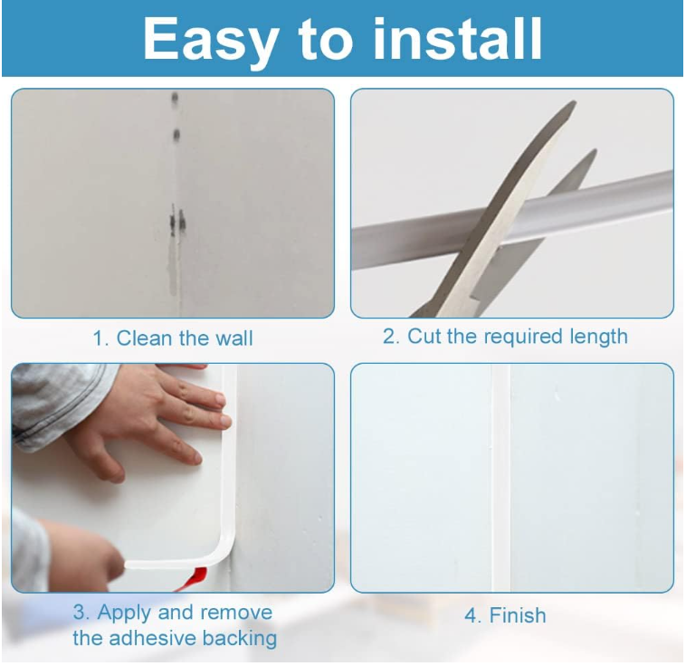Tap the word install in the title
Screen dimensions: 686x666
[458, 39]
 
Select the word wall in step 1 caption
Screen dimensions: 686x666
[234, 338]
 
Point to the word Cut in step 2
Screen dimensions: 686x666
[424, 336]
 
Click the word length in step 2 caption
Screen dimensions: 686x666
[598, 337]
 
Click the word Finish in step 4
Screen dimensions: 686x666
[518, 615]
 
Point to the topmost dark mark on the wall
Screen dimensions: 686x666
[175, 97]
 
